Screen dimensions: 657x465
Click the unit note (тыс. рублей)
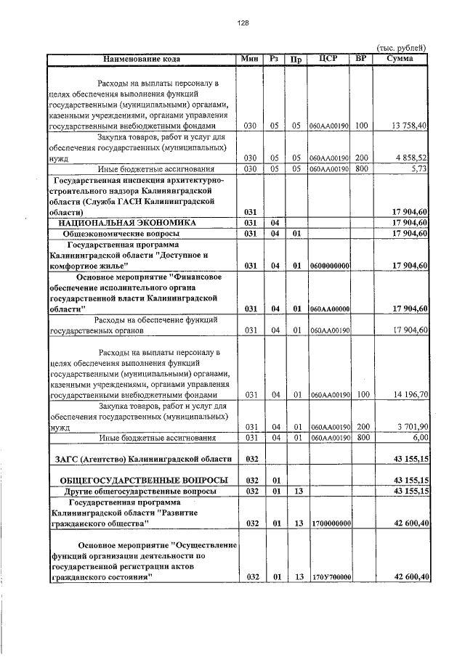pyautogui.click(x=404, y=47)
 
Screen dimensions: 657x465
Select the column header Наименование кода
pyautogui.click(x=142, y=58)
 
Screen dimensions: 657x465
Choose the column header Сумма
pyautogui.click(x=401, y=58)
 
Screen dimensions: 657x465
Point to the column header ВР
pyautogui.click(x=361, y=58)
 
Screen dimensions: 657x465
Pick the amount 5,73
pyautogui.click(x=420, y=168)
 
